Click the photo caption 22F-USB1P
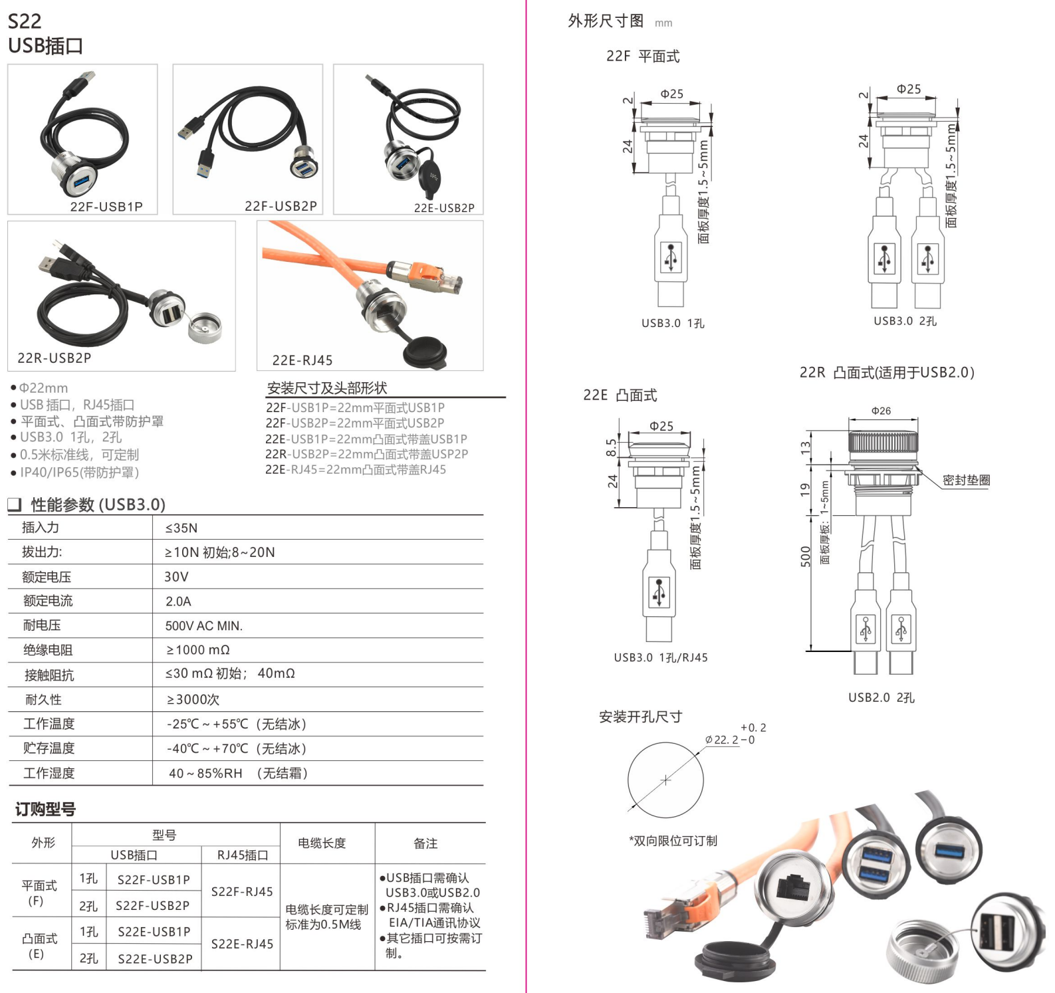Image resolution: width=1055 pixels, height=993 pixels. pos(106,207)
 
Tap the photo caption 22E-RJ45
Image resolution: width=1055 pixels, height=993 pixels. pos(302,360)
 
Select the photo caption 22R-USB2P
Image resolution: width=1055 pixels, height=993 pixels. pos(55,358)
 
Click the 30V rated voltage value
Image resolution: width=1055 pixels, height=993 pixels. pos(176,577)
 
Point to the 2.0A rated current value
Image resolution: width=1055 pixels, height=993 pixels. pos(178,602)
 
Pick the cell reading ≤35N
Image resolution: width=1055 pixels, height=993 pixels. pos(181,528)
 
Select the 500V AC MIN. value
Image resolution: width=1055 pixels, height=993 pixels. pos(204,626)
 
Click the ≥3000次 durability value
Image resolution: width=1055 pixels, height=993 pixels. pos(193,699)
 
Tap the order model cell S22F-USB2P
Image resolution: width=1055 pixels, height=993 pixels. pos(153,905)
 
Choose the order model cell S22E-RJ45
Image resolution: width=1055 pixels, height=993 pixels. pos(242,944)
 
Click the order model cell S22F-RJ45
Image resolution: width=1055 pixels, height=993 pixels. pos(242,892)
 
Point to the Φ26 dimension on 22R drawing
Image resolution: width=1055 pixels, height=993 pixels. pos(881,411)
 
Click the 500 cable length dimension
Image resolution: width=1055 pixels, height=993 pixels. pos(806,556)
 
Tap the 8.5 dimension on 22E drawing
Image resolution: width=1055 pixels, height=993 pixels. pos(611,447)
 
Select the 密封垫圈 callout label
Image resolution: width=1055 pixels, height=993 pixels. pos(967,480)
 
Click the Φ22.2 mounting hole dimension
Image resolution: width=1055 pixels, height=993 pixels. pos(722,740)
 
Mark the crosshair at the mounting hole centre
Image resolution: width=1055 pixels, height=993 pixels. pos(666,780)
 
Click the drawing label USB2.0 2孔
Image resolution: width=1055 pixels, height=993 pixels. pos(881,697)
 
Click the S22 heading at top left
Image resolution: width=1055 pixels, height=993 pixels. pos(25,21)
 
